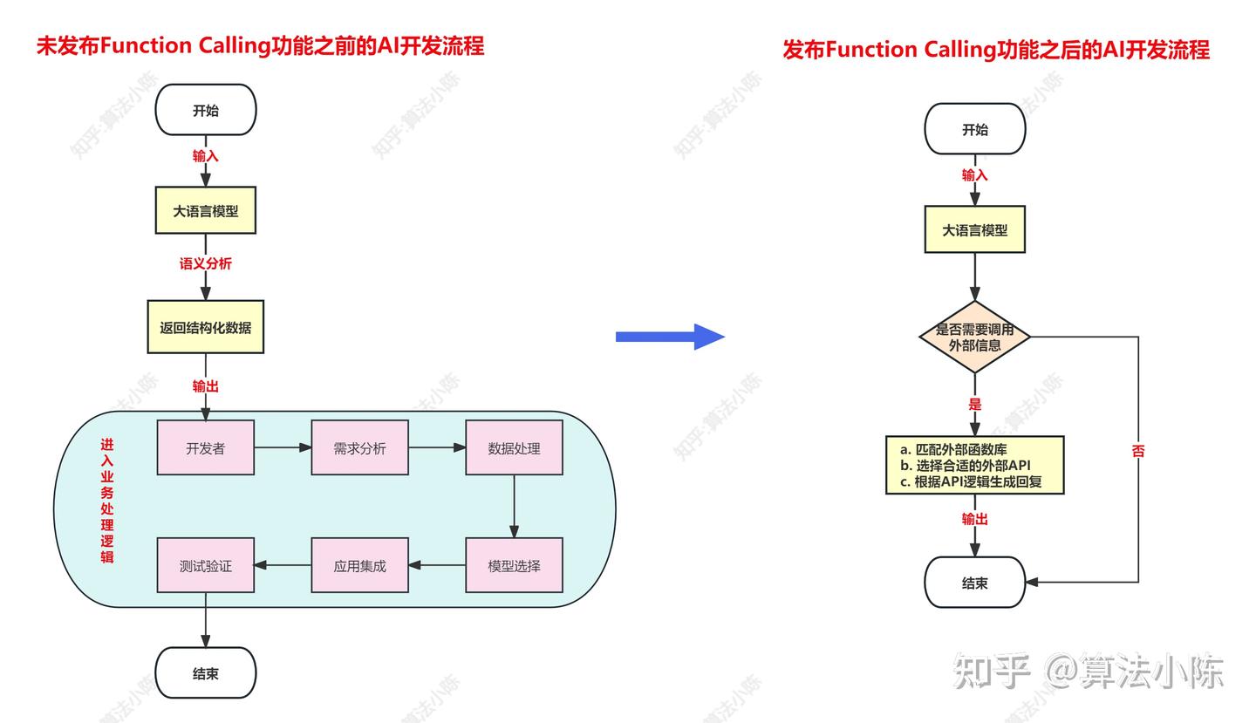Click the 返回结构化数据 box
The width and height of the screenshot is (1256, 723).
[x=205, y=328]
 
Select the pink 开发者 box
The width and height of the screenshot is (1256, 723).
[x=205, y=448]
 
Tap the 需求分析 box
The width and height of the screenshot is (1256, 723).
[x=359, y=448]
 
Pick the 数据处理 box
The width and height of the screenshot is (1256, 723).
[x=514, y=448]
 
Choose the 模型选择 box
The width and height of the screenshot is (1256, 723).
[x=514, y=565]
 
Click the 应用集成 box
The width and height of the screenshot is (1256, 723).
[x=359, y=565]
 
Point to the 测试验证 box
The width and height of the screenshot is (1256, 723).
[x=205, y=565]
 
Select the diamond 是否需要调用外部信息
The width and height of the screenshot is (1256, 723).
[x=974, y=337]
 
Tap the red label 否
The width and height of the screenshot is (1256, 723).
[x=1137, y=451]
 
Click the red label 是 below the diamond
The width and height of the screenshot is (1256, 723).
[x=974, y=404]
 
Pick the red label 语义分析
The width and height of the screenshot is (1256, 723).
[x=205, y=263]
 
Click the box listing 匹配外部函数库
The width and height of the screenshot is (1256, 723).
[x=974, y=465]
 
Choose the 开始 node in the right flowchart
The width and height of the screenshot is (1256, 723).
[x=974, y=129]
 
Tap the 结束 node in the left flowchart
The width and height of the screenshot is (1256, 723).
[x=205, y=673]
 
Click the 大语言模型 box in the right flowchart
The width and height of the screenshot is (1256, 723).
[x=974, y=230]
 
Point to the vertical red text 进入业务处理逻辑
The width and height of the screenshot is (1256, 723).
[x=106, y=501]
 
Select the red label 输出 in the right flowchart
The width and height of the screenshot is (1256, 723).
[x=974, y=519]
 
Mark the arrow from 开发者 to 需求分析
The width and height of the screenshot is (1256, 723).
[x=283, y=447]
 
